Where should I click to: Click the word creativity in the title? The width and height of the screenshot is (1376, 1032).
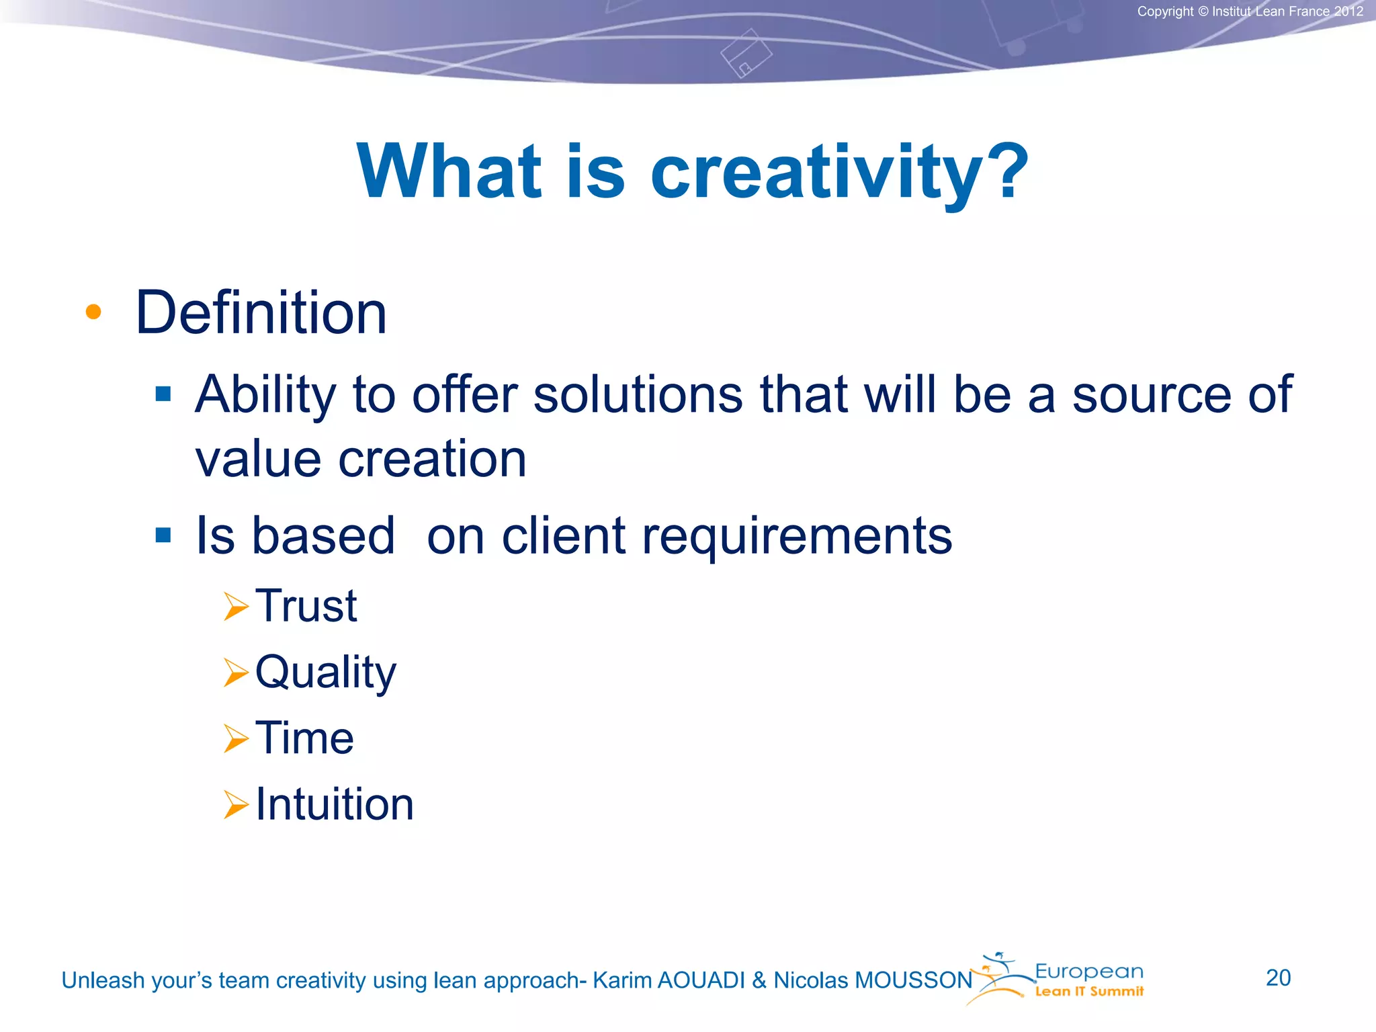click(840, 173)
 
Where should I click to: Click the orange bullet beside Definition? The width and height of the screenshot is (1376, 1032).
click(93, 312)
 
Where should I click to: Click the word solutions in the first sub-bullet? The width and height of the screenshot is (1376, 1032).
click(638, 394)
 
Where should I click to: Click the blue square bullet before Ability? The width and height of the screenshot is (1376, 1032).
click(163, 394)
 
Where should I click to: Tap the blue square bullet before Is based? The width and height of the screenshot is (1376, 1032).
click(163, 535)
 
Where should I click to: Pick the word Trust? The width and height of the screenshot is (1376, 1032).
click(306, 606)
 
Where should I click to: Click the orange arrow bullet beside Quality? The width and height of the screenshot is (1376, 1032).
click(236, 673)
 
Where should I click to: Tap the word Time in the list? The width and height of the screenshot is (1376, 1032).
click(304, 738)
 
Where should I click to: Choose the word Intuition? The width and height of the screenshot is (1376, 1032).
click(335, 804)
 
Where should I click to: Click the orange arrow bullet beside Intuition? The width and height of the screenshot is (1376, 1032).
click(236, 805)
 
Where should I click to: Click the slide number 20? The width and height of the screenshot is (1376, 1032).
click(1278, 978)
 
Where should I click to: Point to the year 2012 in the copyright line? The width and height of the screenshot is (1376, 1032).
click(1348, 11)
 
